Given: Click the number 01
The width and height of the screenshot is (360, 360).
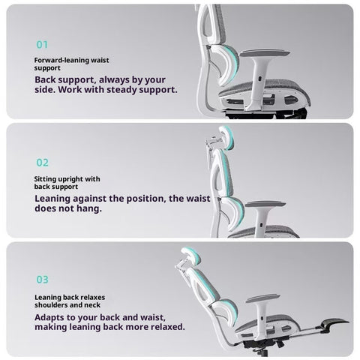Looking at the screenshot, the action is point(42,45).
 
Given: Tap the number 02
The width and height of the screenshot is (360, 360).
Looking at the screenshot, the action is point(42,163).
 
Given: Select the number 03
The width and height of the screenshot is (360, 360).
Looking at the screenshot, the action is point(42,280).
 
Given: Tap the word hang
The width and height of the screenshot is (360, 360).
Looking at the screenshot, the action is point(89,208).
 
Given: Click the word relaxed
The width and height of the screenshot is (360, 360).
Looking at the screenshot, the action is point(166,327).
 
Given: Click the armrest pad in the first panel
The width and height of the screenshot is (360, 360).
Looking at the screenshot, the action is point(265,52).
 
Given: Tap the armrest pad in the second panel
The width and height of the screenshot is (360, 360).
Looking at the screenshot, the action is point(265,204).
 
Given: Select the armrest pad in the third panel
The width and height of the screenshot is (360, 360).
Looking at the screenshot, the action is point(262,298).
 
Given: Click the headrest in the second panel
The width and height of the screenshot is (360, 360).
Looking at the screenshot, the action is point(227,137).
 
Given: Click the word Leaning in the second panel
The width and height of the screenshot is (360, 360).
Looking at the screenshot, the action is point(50,199).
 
